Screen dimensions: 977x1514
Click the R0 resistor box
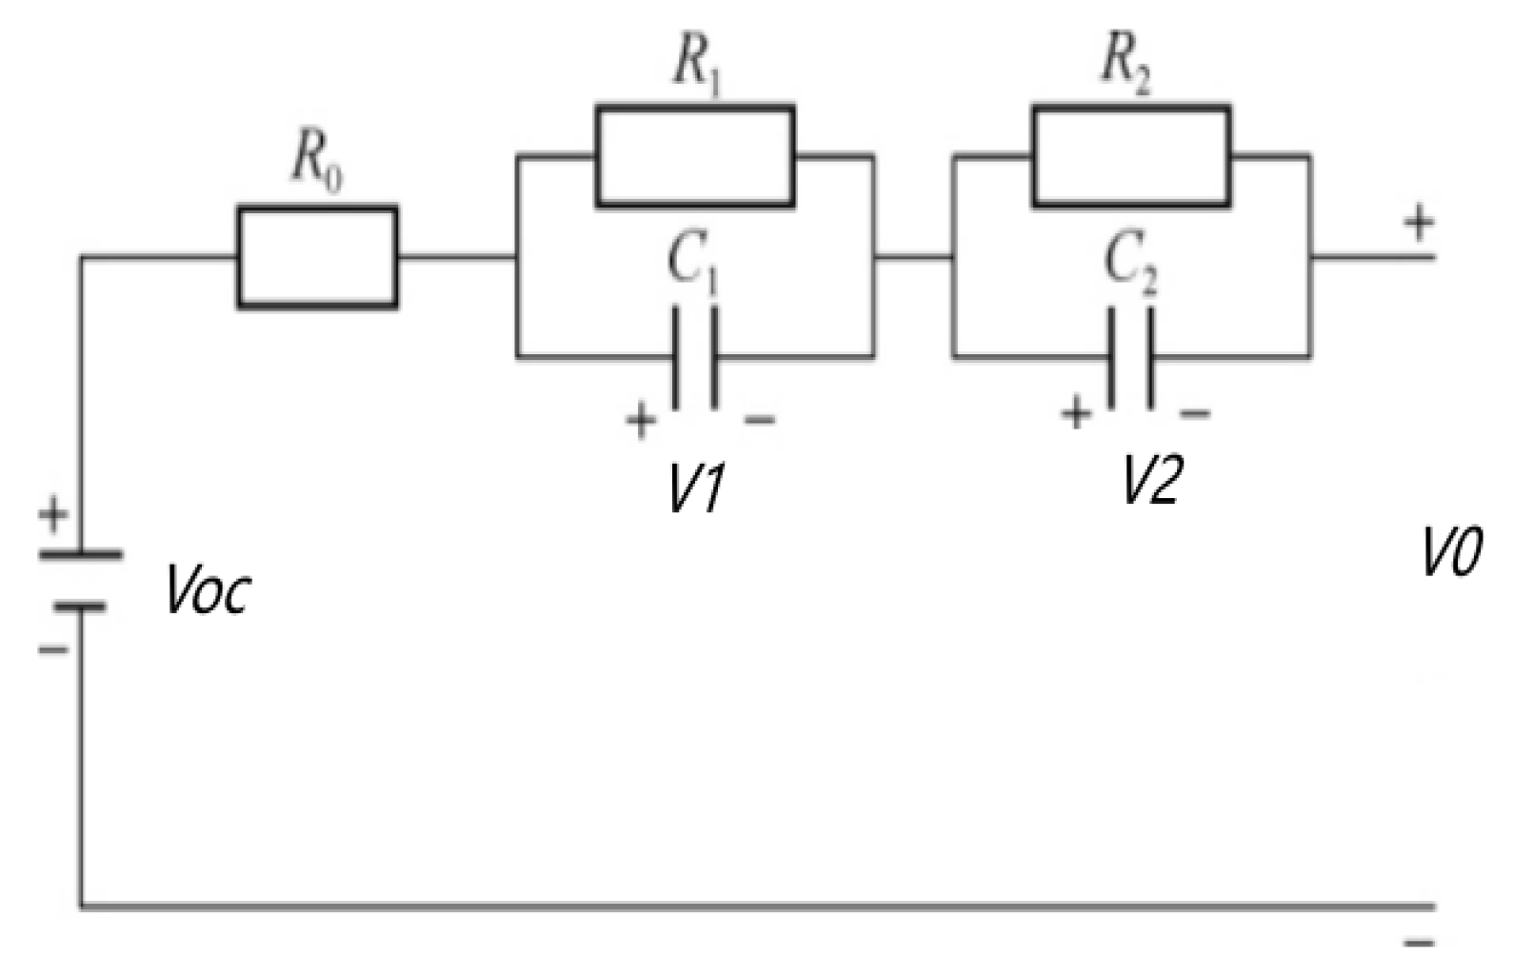point(317,257)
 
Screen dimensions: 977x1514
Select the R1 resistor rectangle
point(695,157)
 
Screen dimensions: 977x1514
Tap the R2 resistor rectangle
point(1130,157)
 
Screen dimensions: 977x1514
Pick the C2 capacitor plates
point(1130,357)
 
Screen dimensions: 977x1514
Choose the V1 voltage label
point(696,489)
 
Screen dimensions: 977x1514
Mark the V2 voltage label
point(1150,479)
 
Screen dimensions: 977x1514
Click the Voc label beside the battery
point(209,590)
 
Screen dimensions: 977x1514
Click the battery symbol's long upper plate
point(80,553)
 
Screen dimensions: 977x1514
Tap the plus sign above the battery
point(53,515)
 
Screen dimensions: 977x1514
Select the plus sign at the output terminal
point(1419,224)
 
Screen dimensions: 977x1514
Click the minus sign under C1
point(759,419)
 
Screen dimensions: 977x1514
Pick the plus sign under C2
point(1076,413)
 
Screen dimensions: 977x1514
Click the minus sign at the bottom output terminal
point(1419,944)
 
